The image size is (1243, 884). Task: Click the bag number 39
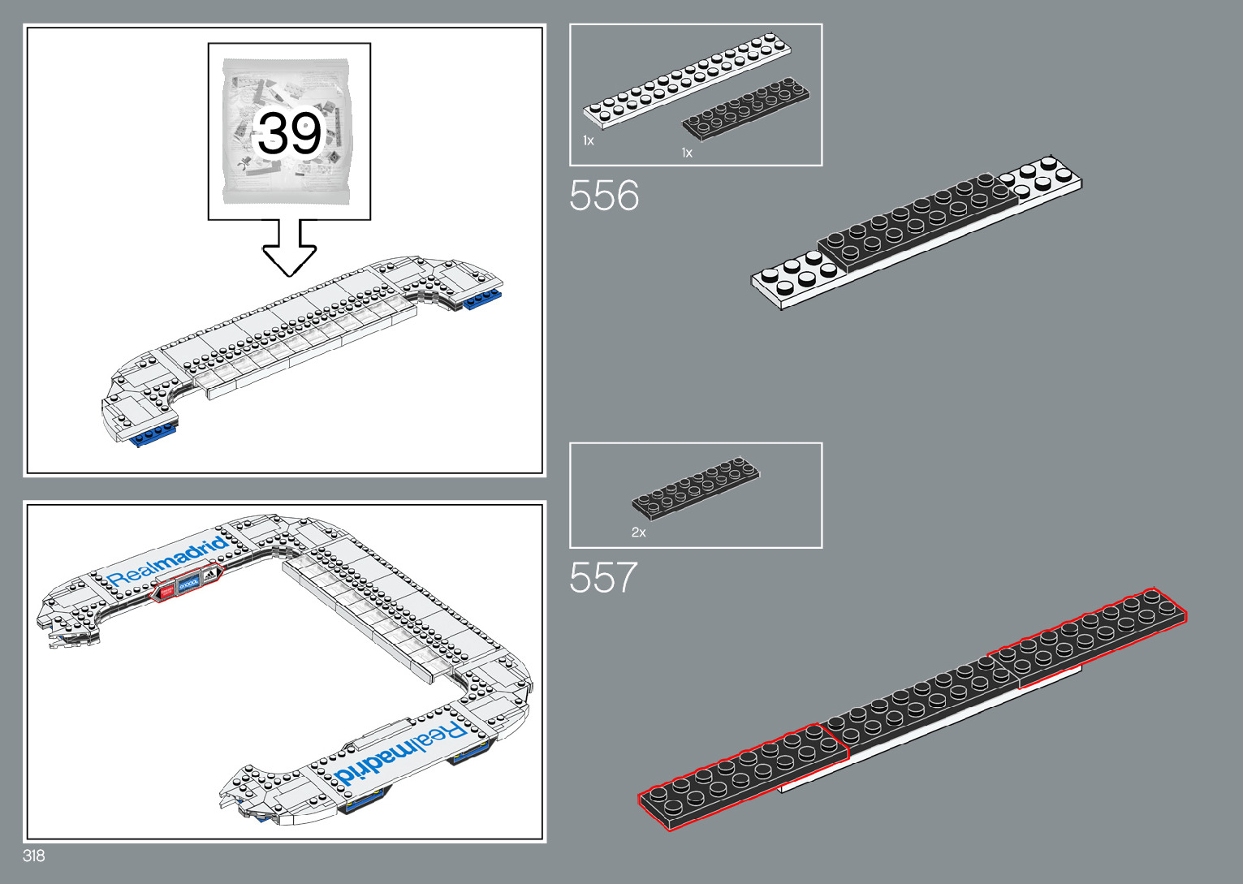coord(289,133)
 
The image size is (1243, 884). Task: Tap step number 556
coord(604,196)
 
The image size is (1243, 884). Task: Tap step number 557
coord(603,578)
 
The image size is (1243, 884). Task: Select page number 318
coord(34,856)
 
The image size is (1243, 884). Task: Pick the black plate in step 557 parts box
coord(697,486)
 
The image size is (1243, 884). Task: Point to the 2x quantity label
coord(639,533)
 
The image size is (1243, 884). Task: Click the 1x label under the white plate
coord(589,140)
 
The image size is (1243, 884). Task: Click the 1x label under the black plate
coord(687,153)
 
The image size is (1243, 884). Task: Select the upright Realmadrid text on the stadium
coord(167,561)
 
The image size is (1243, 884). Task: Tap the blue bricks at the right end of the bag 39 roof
coord(483,299)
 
